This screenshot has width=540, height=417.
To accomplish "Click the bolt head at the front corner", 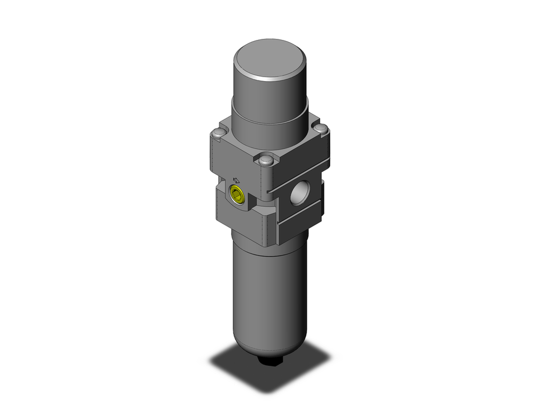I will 265,160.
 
